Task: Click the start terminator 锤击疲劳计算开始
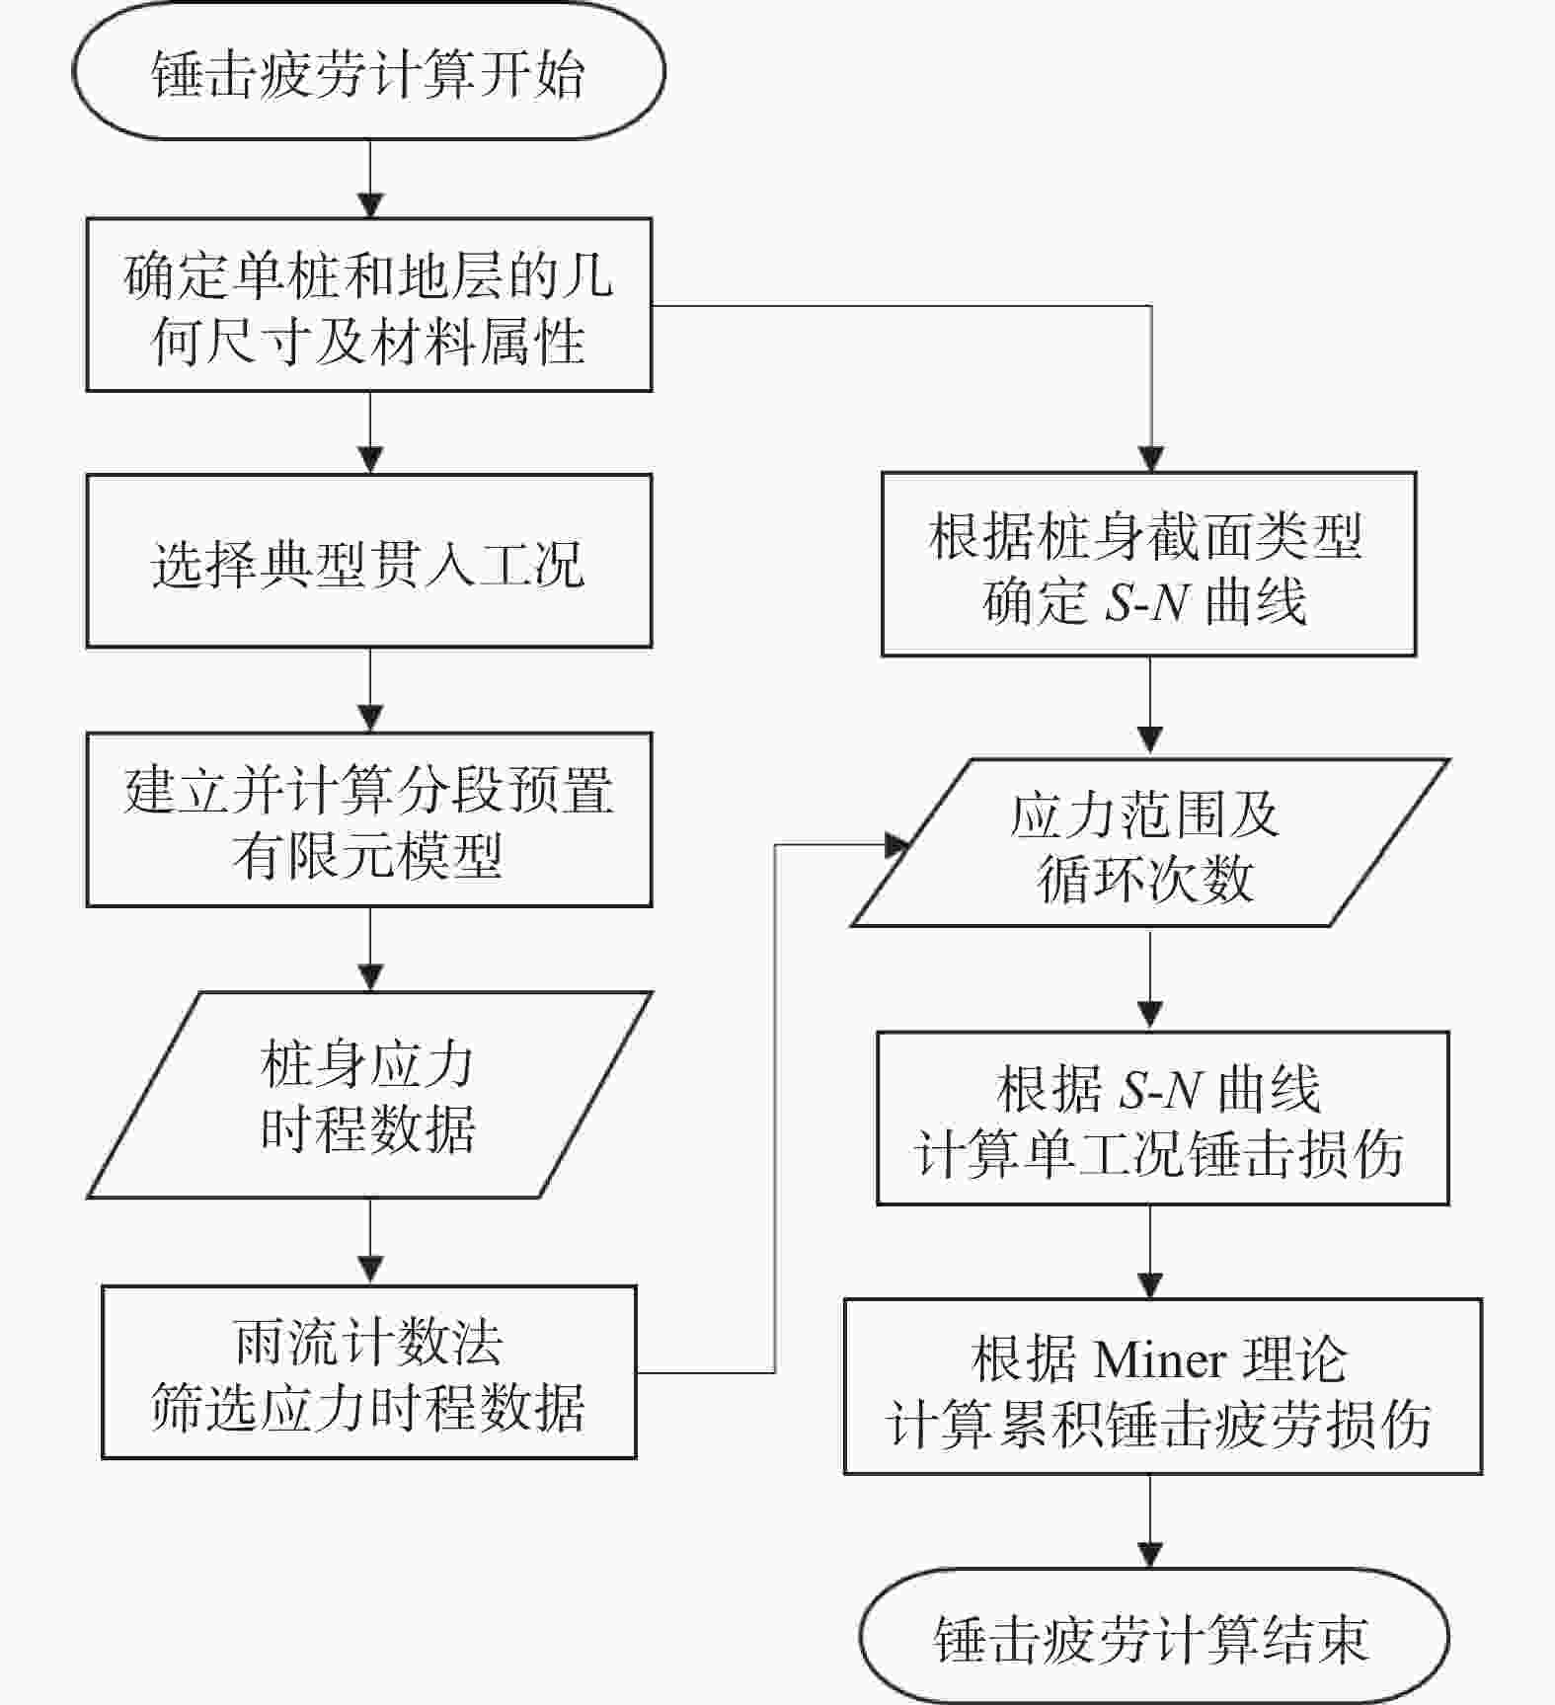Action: [369, 71]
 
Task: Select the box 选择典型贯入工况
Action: [369, 561]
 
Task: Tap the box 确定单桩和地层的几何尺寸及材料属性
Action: [369, 305]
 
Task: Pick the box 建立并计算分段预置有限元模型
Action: [369, 819]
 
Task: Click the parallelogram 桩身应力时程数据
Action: [369, 1095]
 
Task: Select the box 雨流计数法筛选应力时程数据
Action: [369, 1372]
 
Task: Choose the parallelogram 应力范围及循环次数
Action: [1150, 843]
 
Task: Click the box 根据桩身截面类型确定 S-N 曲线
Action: [1149, 564]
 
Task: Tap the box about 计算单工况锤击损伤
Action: [1163, 1119]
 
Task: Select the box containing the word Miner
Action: [1163, 1386]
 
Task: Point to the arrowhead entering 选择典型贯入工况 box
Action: [370, 461]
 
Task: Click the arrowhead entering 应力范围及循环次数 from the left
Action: [896, 845]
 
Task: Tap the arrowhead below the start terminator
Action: [370, 205]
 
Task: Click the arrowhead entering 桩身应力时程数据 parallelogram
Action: [370, 978]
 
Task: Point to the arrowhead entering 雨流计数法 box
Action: [370, 1272]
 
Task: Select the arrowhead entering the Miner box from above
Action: [1151, 1285]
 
